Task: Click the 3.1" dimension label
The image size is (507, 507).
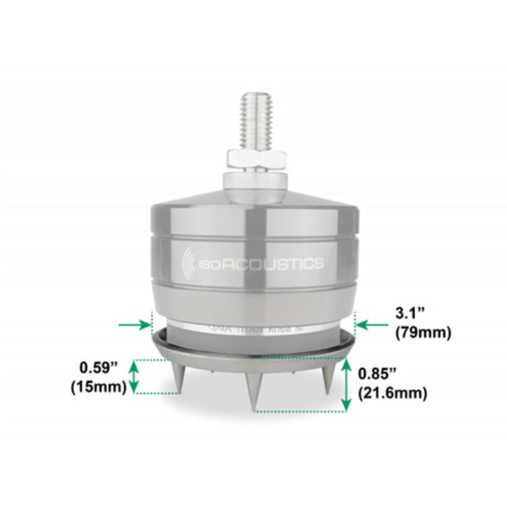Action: [x=409, y=313]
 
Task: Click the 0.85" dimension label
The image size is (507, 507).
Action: [x=378, y=373]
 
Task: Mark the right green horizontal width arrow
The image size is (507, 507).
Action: [x=372, y=325]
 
